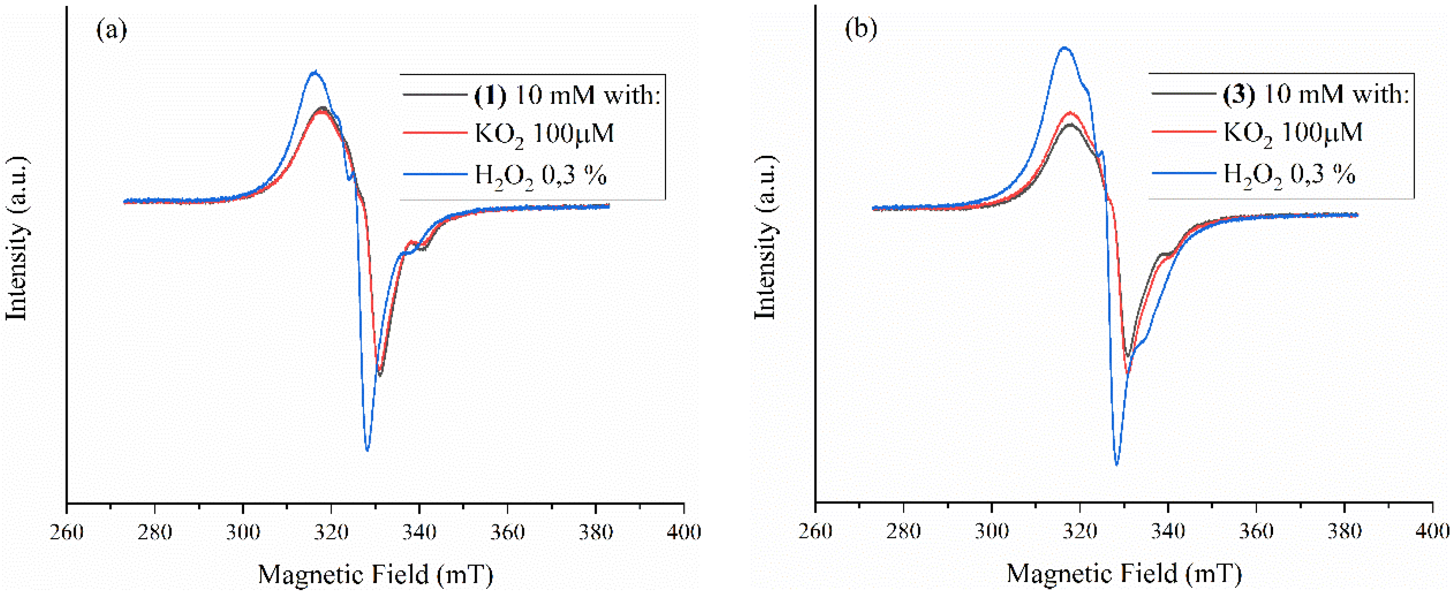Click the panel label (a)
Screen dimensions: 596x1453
click(x=112, y=29)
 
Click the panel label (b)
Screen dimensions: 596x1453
click(x=861, y=29)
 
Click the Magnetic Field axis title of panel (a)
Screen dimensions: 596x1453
click(x=375, y=574)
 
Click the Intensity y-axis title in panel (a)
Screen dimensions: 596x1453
click(x=17, y=239)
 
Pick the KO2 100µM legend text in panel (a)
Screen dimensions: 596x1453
click(x=544, y=134)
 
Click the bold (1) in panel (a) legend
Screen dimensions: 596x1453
click(x=490, y=95)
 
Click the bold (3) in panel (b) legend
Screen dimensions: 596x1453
click(x=1239, y=94)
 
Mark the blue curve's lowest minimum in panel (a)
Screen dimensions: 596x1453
click(x=367, y=450)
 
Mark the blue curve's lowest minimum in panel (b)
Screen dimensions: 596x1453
click(x=1116, y=464)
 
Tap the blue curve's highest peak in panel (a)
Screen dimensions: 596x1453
click(x=315, y=72)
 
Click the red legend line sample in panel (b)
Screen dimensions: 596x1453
click(x=1183, y=131)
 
